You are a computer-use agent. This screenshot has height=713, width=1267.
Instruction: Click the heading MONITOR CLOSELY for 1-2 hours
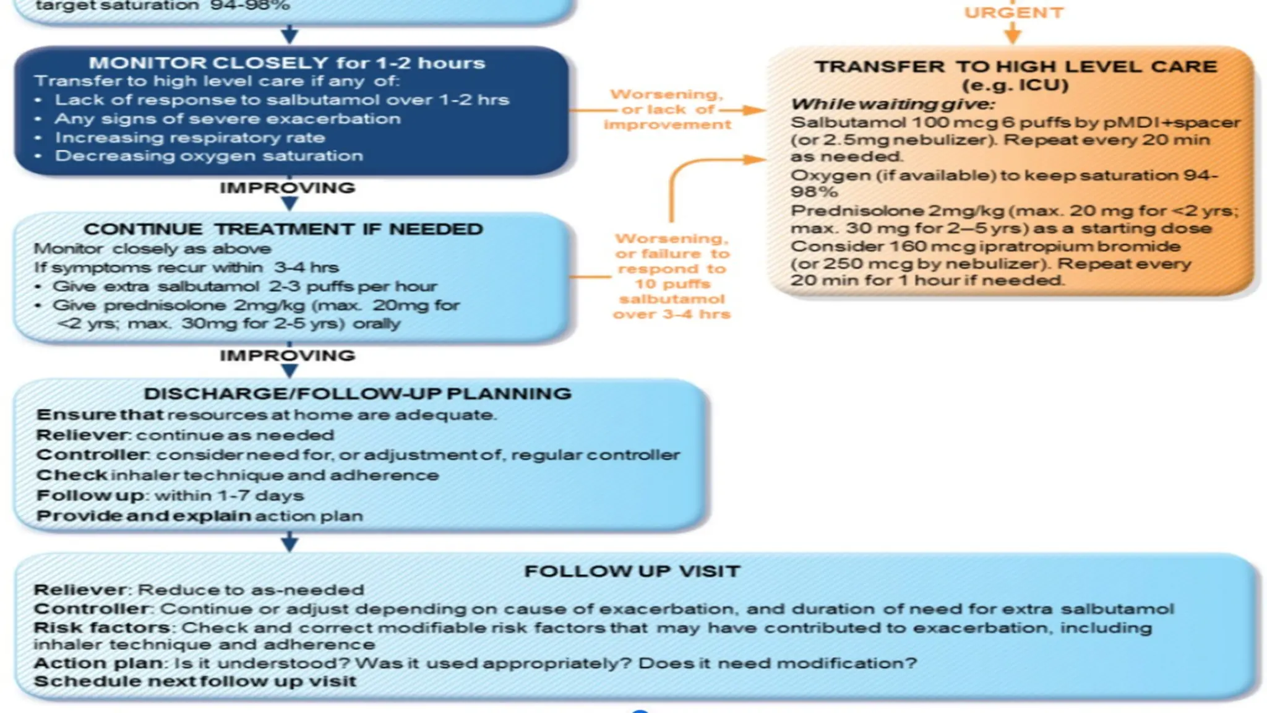[286, 63]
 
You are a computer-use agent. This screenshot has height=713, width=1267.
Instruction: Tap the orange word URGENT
[1013, 13]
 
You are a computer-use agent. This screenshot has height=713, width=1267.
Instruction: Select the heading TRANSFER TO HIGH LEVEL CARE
[1015, 67]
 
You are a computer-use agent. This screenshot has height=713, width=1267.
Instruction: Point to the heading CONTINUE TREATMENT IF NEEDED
[283, 229]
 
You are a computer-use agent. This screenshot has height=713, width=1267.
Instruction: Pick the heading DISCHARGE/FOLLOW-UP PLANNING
[358, 394]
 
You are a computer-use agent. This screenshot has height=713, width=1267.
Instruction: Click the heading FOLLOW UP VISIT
[632, 571]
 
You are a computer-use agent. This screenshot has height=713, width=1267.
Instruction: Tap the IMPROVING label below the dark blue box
[287, 188]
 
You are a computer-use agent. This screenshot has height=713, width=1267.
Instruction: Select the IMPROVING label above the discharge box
[287, 355]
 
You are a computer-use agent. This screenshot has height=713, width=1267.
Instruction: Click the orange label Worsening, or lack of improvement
[667, 110]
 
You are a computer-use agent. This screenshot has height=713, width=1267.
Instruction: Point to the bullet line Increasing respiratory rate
[189, 137]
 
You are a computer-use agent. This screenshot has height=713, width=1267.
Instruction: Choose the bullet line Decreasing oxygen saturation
[208, 156]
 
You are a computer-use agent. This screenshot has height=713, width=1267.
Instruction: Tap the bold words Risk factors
[101, 628]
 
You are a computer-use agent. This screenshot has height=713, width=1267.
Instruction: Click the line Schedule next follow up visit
[195, 681]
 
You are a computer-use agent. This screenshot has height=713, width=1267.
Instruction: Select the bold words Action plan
[98, 663]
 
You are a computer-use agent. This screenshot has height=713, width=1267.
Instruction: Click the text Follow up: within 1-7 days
[170, 496]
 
